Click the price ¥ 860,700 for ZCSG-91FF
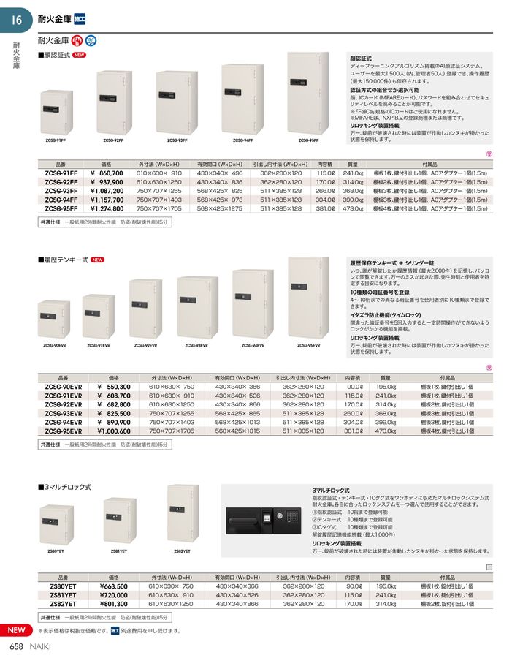tap(106, 173)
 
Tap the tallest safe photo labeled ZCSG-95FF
tap(308, 94)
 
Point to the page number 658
tap(17, 646)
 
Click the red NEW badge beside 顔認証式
tap(80, 55)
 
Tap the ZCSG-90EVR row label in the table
tap(63, 387)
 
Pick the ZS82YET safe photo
tap(183, 513)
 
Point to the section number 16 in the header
tap(17, 20)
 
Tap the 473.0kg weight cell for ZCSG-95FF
tap(353, 208)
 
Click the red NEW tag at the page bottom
tap(15, 630)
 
